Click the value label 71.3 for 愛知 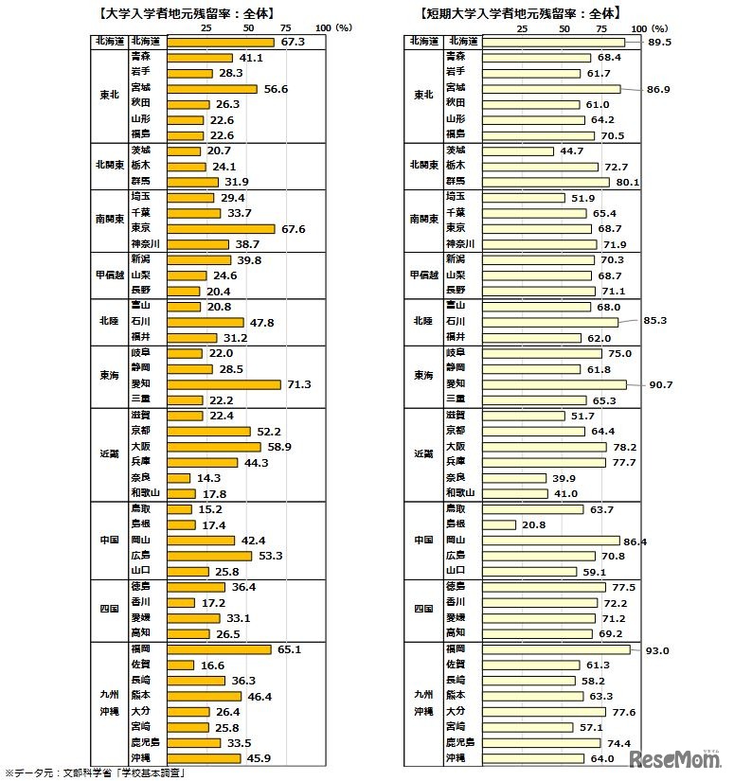click(x=298, y=384)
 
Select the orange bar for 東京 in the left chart click(x=224, y=228)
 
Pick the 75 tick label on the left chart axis click(x=287, y=29)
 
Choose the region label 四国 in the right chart click(x=423, y=610)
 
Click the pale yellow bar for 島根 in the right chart click(x=499, y=524)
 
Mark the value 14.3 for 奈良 click(x=209, y=477)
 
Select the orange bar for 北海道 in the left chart click(x=224, y=42)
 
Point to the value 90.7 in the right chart click(x=661, y=384)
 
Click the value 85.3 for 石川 click(x=654, y=321)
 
